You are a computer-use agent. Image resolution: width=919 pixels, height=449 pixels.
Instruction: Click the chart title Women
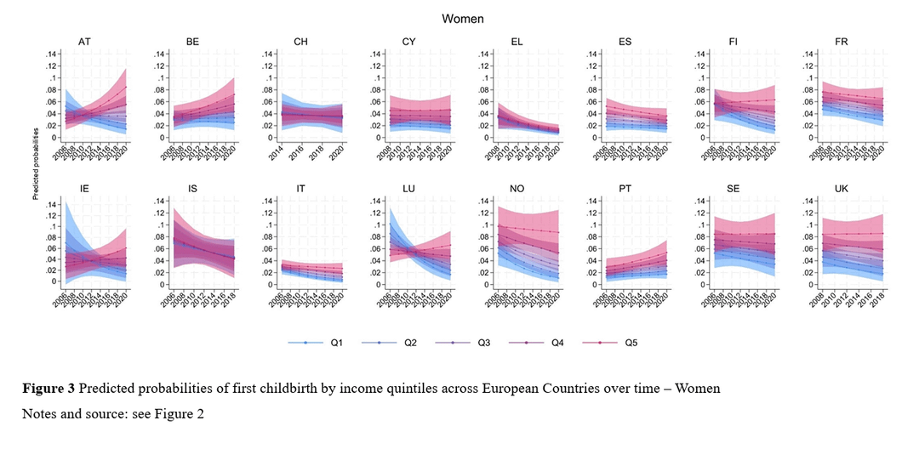click(x=459, y=17)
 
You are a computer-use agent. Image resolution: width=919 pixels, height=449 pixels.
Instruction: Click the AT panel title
click(x=85, y=41)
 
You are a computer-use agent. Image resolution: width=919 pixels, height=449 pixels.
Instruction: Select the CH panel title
click(x=302, y=41)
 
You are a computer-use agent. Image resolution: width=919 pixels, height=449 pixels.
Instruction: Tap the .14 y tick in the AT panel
click(x=53, y=54)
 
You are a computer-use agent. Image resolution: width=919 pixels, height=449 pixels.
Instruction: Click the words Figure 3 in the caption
click(x=48, y=389)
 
